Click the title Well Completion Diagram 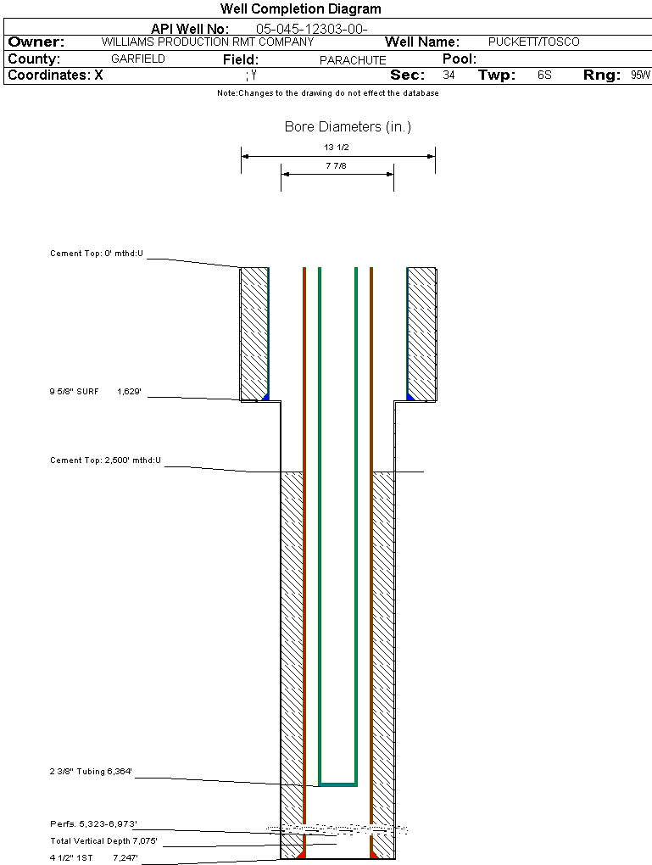coord(301,8)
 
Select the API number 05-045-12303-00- coord(312,29)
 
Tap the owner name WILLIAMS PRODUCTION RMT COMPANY coord(208,42)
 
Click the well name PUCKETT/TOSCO coord(534,42)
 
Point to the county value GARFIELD coord(138,59)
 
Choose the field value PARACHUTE coord(353,60)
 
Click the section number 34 coord(449,75)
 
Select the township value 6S coord(544,75)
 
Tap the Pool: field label coord(460,59)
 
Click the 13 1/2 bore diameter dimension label coord(337,148)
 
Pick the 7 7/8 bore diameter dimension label coord(336,165)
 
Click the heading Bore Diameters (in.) coord(348,127)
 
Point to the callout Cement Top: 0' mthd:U coord(97,254)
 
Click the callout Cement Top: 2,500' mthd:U coord(105,460)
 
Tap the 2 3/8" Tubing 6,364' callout coord(91,771)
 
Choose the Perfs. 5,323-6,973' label coord(93,823)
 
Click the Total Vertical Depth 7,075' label coord(103,840)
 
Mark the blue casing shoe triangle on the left coord(266,397)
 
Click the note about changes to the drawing coord(328,93)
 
